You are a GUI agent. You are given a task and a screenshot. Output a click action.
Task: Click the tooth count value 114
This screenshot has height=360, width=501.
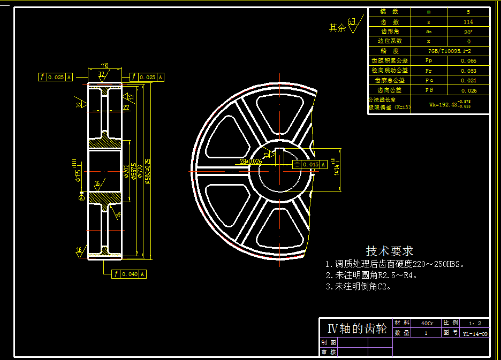click(468, 22)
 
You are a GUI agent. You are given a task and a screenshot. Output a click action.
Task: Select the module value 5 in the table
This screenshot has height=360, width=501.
click(468, 12)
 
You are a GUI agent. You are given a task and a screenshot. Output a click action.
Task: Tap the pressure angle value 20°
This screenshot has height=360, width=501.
click(468, 32)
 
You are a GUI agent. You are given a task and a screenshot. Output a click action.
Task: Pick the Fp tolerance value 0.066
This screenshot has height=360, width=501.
click(468, 61)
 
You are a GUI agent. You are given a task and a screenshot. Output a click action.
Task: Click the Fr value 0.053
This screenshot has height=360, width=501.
click(468, 71)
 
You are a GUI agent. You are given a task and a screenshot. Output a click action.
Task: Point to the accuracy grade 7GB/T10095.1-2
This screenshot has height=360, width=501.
click(449, 51)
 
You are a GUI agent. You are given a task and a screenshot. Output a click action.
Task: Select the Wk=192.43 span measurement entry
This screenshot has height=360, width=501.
click(450, 104)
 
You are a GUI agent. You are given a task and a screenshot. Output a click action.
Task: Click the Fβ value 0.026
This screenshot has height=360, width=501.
click(468, 90)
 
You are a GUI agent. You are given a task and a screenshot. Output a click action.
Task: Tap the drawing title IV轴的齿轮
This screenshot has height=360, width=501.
click(353, 328)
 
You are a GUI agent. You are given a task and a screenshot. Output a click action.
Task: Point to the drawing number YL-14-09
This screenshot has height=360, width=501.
click(475, 333)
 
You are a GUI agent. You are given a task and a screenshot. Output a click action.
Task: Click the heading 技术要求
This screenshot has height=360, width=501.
click(389, 251)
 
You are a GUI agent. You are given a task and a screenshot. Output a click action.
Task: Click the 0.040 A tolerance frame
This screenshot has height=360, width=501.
click(129, 274)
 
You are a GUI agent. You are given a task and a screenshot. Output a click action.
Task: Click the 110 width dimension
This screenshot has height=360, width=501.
click(104, 66)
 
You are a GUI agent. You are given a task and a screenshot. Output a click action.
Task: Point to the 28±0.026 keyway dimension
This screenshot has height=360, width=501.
click(251, 160)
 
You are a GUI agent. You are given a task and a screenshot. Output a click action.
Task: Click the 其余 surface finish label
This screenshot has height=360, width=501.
click(338, 28)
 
